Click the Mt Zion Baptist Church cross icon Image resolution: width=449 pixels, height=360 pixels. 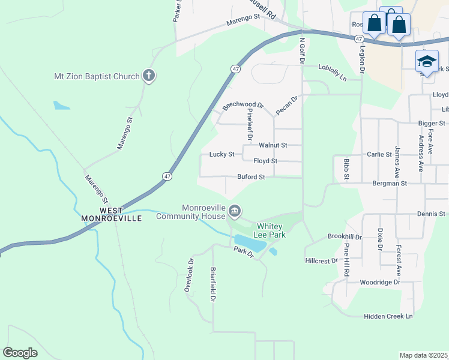point(149,76)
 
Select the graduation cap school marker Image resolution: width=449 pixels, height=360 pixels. point(426,62)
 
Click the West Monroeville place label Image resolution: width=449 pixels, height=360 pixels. point(112,214)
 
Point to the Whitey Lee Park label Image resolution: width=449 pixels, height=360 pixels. point(271,230)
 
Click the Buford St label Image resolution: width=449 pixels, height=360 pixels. point(251,177)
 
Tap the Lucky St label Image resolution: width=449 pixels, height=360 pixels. point(221,154)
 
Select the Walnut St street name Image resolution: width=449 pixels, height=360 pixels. point(273,145)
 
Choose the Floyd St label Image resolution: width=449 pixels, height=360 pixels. point(265,161)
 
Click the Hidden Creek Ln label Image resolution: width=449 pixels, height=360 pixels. point(388,316)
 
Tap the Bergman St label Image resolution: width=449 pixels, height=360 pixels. point(390,183)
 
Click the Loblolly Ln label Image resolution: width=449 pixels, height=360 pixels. point(333,73)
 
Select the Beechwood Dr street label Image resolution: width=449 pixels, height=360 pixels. point(243,105)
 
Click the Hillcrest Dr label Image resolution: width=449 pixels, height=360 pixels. point(322,261)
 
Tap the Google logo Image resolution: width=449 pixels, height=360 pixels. point(20,352)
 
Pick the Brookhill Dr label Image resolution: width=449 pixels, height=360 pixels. point(345,237)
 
